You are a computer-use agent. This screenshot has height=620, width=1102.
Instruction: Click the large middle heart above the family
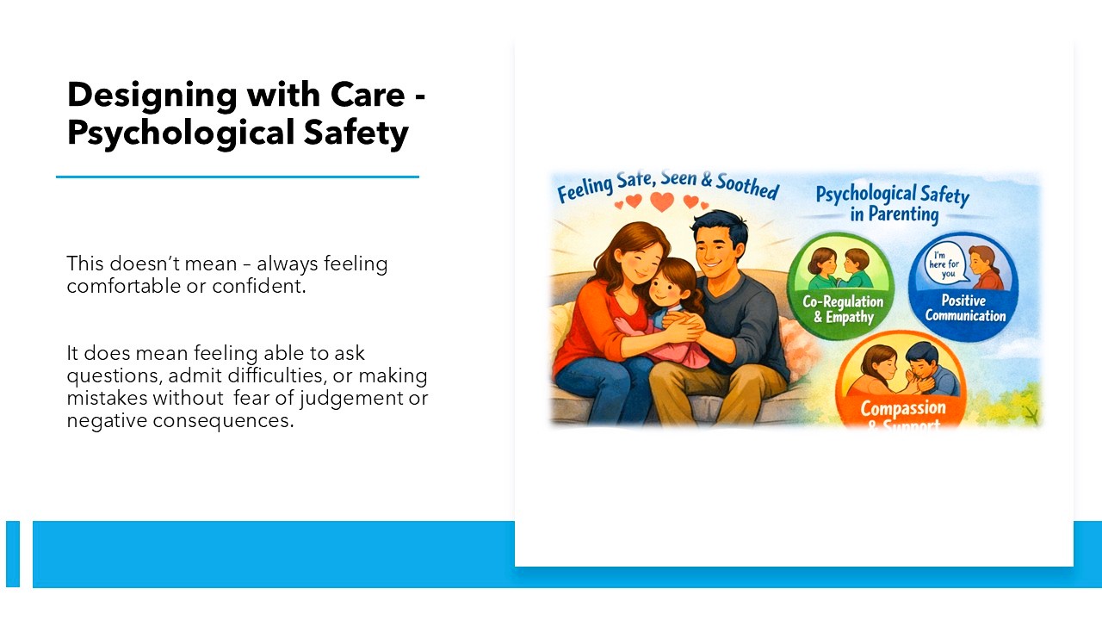[x=661, y=202]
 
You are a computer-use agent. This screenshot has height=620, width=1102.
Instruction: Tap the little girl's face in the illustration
[x=666, y=280]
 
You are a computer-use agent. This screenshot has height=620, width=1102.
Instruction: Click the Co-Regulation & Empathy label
[x=843, y=309]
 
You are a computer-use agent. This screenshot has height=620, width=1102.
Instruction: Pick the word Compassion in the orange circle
[x=902, y=407]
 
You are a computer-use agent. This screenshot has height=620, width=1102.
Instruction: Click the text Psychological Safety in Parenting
[x=892, y=203]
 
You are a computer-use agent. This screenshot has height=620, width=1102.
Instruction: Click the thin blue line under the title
[x=238, y=177]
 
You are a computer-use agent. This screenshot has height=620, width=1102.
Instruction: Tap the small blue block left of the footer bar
[x=13, y=554]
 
